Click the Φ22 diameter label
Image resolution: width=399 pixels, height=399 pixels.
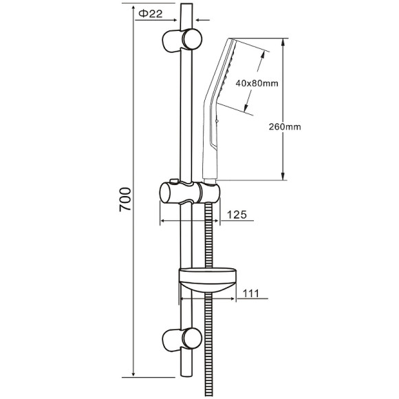click(151, 14)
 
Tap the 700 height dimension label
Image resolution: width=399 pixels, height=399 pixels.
click(125, 199)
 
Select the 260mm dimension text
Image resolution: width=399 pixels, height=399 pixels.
click(285, 127)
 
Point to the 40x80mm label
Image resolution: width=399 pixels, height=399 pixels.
click(257, 83)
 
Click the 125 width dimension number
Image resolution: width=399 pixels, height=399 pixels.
click(237, 215)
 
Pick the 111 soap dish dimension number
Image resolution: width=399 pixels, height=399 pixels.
click(251, 293)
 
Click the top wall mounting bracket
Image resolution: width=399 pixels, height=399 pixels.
click(182, 40)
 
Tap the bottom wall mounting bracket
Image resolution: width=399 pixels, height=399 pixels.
click(182, 339)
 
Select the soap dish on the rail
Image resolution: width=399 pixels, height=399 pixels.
click(208, 279)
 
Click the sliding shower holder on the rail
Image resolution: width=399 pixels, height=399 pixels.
click(190, 193)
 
